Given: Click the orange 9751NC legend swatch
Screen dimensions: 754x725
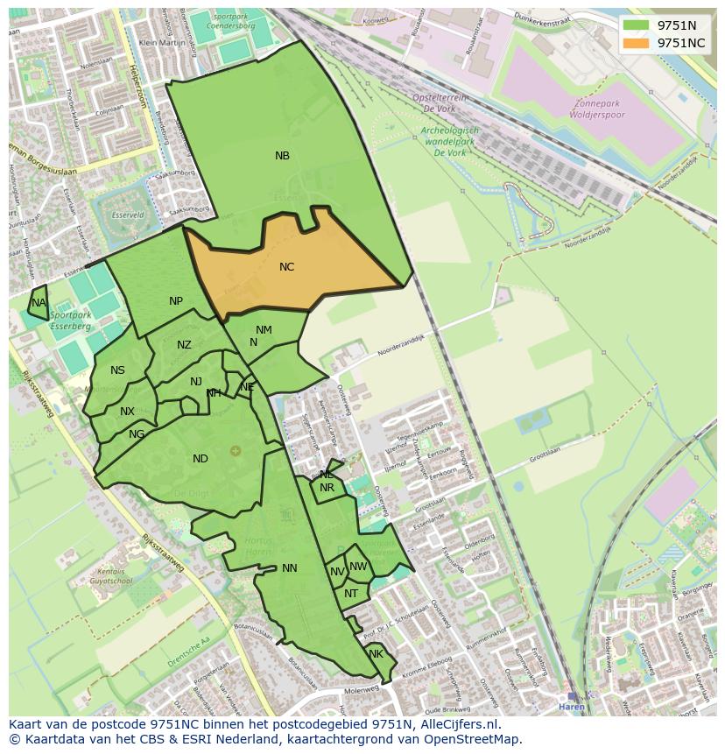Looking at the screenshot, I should [x=636, y=43].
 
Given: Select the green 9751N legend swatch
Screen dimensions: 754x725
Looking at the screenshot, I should [x=636, y=25].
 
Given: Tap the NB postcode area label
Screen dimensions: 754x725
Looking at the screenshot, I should [x=282, y=156].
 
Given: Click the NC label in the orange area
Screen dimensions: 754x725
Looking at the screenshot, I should [x=286, y=267].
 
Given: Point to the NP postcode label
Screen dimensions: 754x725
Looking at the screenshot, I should [x=176, y=301].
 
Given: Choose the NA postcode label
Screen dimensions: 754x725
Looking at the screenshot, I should [x=39, y=303].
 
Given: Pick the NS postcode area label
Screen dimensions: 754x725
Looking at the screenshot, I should [x=117, y=370].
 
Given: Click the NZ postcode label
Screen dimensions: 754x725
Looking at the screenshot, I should [x=184, y=345].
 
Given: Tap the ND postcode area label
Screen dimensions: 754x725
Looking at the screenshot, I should [x=201, y=459].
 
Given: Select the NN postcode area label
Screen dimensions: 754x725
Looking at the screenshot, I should [x=290, y=568].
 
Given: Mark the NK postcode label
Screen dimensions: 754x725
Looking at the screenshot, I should [x=376, y=654].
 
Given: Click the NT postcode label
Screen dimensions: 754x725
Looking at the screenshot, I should [x=351, y=594].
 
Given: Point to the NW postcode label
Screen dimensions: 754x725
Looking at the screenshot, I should [x=358, y=567].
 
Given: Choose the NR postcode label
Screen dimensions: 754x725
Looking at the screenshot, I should [x=327, y=488].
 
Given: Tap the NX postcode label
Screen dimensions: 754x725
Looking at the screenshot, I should [x=128, y=412].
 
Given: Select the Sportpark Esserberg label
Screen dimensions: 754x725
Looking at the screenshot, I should [x=70, y=320].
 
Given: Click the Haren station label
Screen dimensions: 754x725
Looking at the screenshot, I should [x=572, y=707].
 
